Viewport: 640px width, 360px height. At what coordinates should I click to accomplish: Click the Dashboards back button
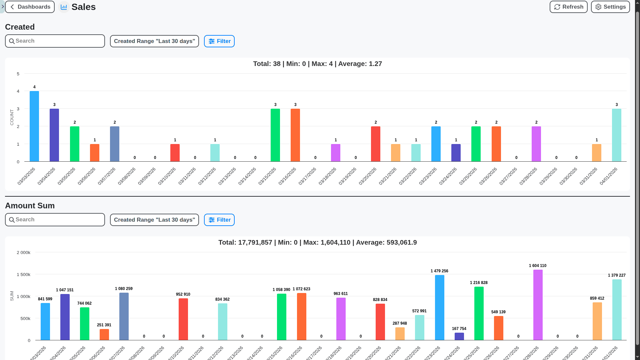pos(30,7)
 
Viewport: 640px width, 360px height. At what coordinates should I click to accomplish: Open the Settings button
pos(610,7)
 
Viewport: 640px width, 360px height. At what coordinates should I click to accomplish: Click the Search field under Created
pos(55,41)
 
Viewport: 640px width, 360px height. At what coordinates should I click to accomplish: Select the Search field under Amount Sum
pos(55,220)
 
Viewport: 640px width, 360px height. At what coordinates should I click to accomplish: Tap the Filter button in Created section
pos(219,41)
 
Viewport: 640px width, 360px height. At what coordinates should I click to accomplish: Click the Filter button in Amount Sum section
pos(219,220)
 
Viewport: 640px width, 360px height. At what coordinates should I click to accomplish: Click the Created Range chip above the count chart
pos(154,41)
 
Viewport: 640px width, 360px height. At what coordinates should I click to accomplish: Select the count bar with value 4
pos(34,126)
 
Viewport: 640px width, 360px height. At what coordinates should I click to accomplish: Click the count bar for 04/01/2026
pos(616,135)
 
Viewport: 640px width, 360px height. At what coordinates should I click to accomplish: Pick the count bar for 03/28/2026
pos(536,144)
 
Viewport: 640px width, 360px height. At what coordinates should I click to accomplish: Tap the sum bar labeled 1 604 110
pos(538,305)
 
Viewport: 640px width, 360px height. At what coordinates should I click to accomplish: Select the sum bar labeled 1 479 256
pos(439,307)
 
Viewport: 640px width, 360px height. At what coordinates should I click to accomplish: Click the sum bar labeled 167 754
pos(459,336)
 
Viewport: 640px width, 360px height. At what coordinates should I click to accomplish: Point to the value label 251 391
pos(104,325)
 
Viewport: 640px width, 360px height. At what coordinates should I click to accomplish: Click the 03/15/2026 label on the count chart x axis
pos(267,176)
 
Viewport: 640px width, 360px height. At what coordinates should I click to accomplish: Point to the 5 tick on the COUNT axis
pos(18,74)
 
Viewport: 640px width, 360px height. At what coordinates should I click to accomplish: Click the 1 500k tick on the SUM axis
pos(23,275)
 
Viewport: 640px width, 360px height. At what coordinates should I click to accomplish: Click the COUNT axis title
pos(12,117)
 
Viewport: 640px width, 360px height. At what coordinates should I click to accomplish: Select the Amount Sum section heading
pos(30,206)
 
